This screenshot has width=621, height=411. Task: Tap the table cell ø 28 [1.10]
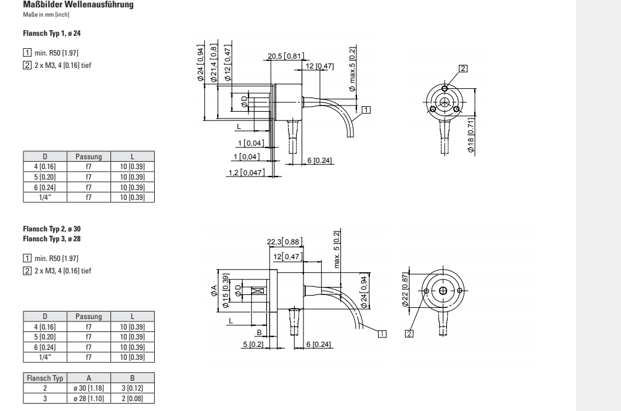click(x=88, y=398)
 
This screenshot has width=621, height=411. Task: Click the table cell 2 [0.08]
click(x=133, y=398)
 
